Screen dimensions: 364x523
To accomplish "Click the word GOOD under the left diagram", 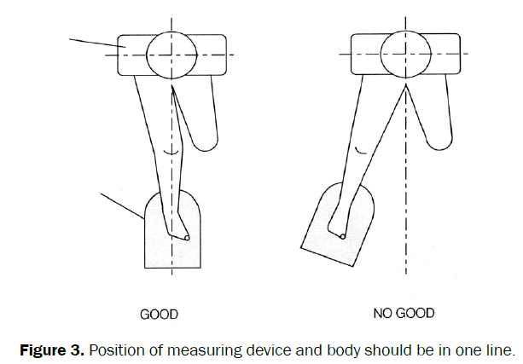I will [x=159, y=315].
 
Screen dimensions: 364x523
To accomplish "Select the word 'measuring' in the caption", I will [x=221, y=349].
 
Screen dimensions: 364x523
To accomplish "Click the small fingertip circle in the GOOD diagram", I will [x=187, y=238].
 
